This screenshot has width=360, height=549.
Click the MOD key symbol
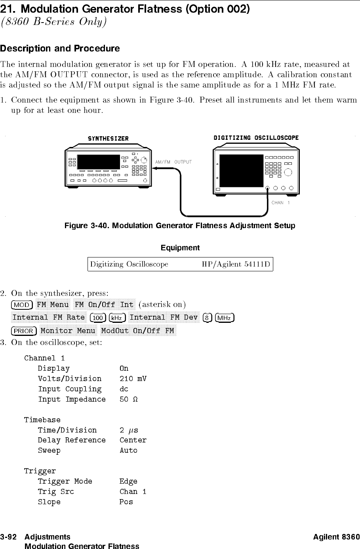tap(22, 305)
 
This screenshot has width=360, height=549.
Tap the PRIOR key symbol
tap(24, 331)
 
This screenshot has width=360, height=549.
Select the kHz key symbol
tap(116, 318)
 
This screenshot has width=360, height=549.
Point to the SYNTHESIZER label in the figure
tap(108, 139)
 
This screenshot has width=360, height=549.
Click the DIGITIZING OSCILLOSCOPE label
tap(256, 138)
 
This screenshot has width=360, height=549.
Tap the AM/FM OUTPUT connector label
tap(173, 162)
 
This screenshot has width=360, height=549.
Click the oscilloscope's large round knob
tap(288, 172)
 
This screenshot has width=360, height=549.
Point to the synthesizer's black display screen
tap(99, 162)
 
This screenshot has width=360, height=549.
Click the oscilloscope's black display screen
tap(241, 171)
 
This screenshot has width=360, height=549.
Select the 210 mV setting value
tap(133, 379)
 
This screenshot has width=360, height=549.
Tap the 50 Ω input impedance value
tap(128, 399)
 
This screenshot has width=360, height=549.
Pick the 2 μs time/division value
tap(129, 430)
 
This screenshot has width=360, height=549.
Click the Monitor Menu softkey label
tap(68, 331)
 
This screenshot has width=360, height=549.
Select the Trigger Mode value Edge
tap(128, 481)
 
